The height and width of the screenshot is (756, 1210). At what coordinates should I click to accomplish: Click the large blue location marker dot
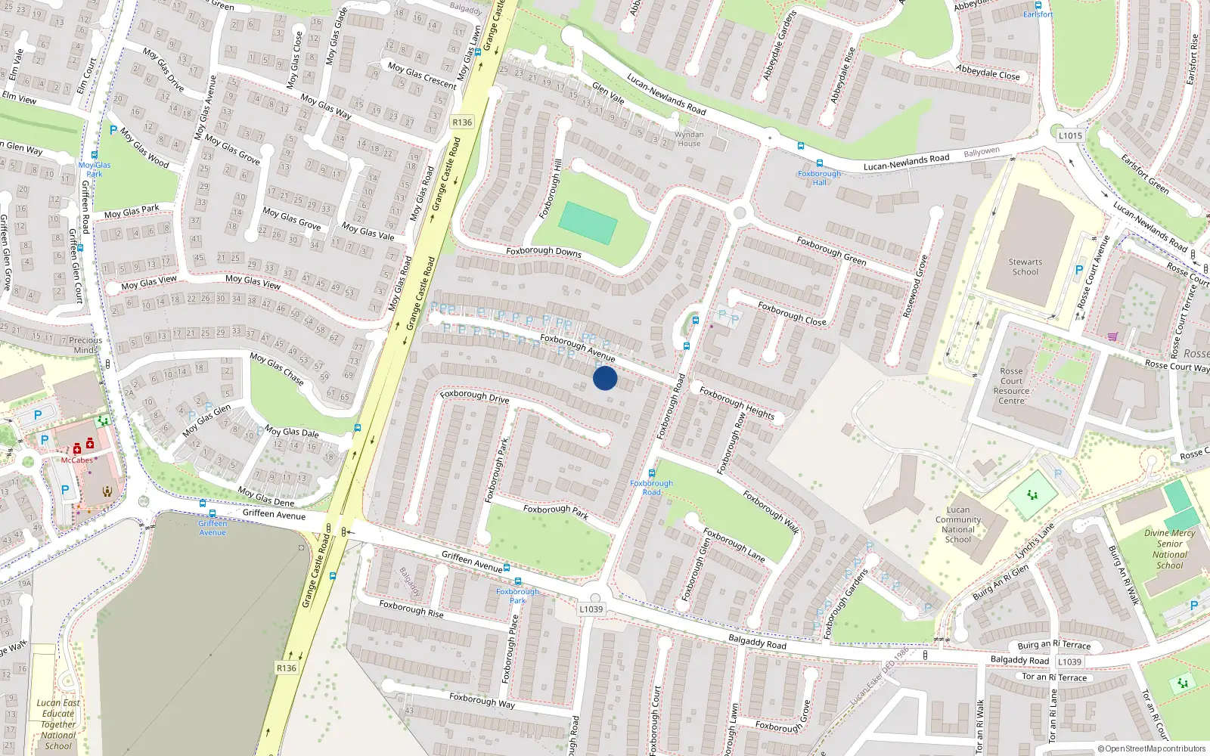[x=605, y=378]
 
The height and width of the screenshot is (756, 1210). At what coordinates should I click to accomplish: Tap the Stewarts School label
[x=1025, y=267]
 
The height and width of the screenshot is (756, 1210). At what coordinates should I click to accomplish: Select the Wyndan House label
[x=689, y=139]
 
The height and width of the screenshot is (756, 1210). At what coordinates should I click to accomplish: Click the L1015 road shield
[x=1070, y=135]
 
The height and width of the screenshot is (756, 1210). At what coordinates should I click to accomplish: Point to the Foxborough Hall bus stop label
[x=819, y=178]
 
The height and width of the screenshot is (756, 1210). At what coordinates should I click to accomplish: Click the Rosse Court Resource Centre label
[x=1011, y=386]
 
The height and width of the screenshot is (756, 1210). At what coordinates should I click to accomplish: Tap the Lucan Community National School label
[x=958, y=524]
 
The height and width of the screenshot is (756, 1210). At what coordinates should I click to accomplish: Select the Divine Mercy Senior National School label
[x=1169, y=549]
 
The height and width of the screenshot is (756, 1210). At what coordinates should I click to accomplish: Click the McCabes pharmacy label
[x=77, y=460]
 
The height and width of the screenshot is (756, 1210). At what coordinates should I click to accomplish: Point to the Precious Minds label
[x=85, y=345]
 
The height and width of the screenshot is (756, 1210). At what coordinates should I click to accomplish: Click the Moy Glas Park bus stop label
[x=95, y=169]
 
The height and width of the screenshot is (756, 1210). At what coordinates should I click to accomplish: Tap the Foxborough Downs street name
[x=544, y=252]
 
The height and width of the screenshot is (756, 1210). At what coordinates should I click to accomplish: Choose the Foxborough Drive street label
[x=475, y=395]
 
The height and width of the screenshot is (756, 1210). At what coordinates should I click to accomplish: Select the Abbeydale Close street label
[x=988, y=72]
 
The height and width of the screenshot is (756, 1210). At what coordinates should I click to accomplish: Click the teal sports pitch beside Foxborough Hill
[x=588, y=223]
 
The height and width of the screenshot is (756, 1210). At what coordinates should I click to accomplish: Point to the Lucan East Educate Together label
[x=58, y=723]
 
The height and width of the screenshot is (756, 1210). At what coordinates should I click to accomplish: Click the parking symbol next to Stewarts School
[x=1079, y=270]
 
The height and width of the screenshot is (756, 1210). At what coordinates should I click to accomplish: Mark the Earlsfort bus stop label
[x=1038, y=14]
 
